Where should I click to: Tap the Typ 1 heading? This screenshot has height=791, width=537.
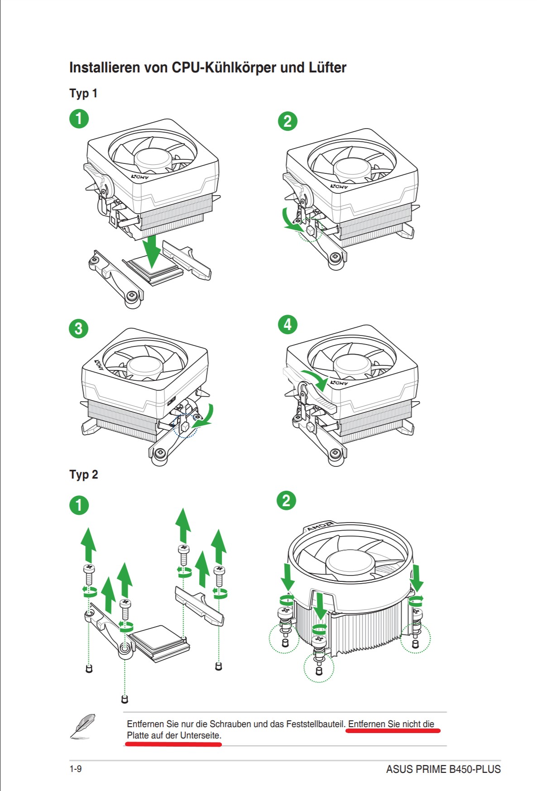[83, 93]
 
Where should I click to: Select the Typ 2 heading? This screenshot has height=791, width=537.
[84, 475]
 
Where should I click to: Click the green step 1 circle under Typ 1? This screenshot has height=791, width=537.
[79, 119]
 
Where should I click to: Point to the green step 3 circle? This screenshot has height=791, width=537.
[78, 328]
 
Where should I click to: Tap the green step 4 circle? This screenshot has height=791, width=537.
[288, 325]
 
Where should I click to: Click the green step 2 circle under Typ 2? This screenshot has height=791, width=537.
[286, 501]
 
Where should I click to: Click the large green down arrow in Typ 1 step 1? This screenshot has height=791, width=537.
[152, 251]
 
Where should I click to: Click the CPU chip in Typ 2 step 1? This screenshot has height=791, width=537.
[158, 643]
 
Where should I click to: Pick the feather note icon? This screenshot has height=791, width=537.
[83, 726]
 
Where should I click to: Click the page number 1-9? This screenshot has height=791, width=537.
[76, 769]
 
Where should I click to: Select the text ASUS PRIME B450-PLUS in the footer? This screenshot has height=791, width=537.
[443, 769]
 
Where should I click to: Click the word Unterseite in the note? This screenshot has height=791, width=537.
[201, 735]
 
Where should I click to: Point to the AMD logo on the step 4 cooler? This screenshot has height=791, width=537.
[339, 383]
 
